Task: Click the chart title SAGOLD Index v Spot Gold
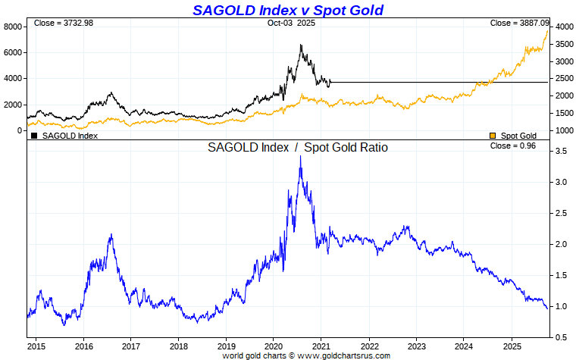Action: tap(287, 10)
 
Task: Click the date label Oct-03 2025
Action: tap(291, 23)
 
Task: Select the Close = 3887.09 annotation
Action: tap(520, 23)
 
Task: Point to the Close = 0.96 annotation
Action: tap(513, 146)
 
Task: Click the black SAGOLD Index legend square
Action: tap(34, 136)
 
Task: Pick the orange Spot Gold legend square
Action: tap(493, 136)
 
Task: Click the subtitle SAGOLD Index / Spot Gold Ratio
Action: tap(298, 148)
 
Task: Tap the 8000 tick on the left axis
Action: tap(12, 27)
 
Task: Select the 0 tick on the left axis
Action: tap(20, 130)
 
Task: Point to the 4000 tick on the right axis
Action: tap(562, 27)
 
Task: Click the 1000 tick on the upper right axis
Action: tap(562, 130)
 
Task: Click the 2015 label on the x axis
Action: tap(36, 346)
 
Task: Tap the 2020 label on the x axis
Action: tap(273, 346)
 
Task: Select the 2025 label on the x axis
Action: tap(512, 346)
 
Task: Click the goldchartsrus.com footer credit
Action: tap(306, 355)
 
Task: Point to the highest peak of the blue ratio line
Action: tap(301, 157)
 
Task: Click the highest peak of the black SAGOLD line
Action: tap(301, 45)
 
